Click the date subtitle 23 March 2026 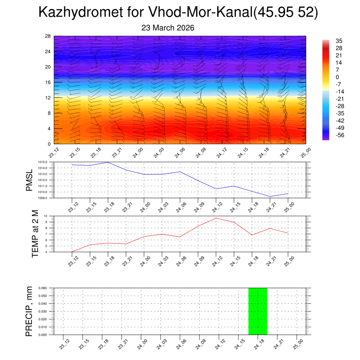168,28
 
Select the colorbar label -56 339,135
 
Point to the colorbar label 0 337,77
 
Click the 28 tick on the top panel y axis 48,36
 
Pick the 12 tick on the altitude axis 48,97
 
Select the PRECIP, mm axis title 29,311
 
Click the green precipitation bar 258,311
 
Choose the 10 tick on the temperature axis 51,216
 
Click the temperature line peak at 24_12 216,218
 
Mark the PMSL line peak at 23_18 108,162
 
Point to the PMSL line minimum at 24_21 270,196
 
